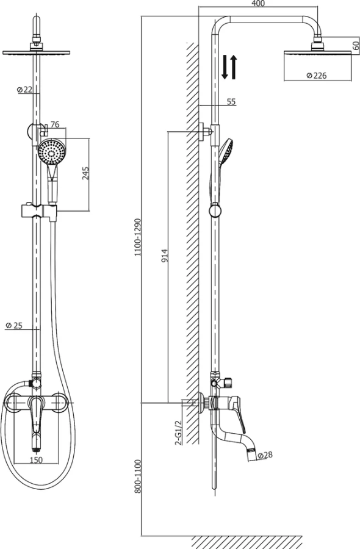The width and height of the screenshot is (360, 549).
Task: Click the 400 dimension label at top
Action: [x=258, y=4]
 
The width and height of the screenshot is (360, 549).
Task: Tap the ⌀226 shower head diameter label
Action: [x=316, y=75]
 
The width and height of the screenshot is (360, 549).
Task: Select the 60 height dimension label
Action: [x=355, y=46]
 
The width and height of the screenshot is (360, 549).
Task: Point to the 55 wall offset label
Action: [x=231, y=101]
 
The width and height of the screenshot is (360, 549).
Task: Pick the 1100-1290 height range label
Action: [x=138, y=237]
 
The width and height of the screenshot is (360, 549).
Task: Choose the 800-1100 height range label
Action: [x=138, y=476]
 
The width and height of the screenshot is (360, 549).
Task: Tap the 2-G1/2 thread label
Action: [x=178, y=432]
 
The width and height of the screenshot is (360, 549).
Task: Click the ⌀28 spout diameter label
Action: [x=265, y=455]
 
